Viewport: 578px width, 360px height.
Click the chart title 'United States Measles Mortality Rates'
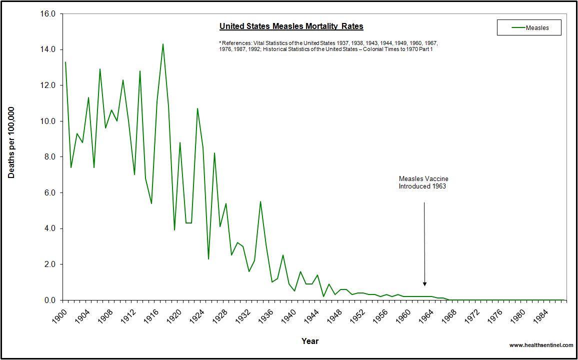tap(291, 26)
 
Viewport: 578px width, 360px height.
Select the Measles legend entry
tap(529, 28)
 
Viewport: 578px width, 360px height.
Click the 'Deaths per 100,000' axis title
tap(11, 142)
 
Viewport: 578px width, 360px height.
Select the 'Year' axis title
tap(309, 341)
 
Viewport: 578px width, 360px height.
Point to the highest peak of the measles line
tap(162, 44)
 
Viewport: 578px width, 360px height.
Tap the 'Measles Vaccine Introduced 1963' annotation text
tap(423, 182)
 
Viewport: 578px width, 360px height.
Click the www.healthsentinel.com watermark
tap(541, 345)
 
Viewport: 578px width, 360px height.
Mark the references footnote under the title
tap(328, 46)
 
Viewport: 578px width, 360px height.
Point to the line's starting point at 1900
tap(65, 62)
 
